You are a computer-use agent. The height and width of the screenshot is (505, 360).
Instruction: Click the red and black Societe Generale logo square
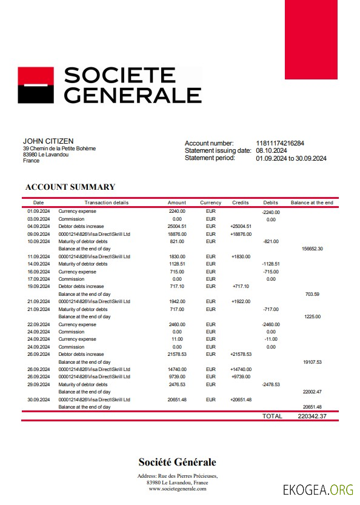point(36,85)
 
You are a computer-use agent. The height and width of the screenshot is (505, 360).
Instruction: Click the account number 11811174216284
point(280,143)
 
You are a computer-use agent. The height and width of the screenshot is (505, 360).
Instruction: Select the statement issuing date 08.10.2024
point(272,151)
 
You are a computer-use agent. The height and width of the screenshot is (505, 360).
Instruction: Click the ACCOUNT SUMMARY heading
point(70,187)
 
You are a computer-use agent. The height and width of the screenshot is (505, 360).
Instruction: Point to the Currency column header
point(210,202)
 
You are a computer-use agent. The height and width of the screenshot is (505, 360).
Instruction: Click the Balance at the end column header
point(312,202)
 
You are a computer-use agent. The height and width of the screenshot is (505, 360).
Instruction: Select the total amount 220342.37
point(313,416)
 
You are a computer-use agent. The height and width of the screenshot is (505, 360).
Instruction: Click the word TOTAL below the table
point(272,416)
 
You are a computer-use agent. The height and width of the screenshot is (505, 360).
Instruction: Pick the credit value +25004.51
point(241,226)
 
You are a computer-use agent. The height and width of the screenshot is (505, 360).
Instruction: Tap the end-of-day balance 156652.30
point(312,249)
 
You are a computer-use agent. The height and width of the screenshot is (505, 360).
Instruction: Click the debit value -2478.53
point(271,384)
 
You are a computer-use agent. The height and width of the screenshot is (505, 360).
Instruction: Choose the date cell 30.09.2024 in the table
point(38,400)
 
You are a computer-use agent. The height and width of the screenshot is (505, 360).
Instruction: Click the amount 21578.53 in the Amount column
point(177,354)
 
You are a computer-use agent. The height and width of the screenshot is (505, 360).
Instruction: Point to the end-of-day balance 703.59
point(313,293)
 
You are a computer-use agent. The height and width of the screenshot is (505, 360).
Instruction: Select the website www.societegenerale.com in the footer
point(176,488)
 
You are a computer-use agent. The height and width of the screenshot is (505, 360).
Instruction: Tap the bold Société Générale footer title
point(177,463)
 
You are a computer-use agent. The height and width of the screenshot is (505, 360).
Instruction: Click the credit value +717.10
point(240,286)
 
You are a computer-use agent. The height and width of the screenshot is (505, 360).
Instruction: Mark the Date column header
point(38,202)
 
